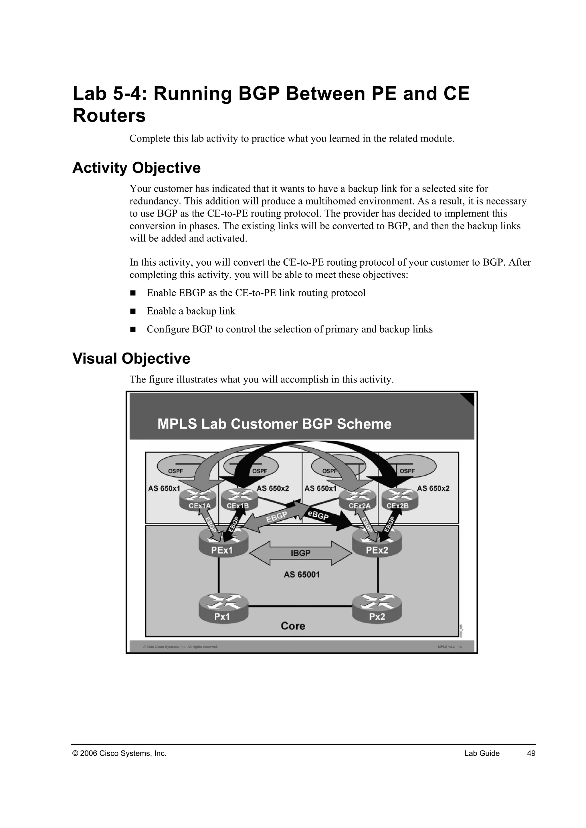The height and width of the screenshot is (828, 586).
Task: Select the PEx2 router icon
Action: pos(377,547)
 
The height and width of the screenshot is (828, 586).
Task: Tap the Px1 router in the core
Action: pos(223,608)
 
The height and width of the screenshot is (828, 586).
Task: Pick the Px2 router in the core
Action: pos(377,608)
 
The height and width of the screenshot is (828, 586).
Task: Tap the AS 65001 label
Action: pos(301,574)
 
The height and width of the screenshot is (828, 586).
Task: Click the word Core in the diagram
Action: pos(293,626)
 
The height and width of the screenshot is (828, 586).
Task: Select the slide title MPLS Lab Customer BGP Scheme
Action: pos(274,424)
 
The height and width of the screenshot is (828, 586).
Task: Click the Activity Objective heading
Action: pos(136,168)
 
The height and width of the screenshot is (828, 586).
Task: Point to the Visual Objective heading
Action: pos(131,359)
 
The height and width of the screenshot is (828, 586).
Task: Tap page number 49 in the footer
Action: pos(531,753)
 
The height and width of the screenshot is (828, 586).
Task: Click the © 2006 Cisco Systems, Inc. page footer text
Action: pos(119,753)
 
